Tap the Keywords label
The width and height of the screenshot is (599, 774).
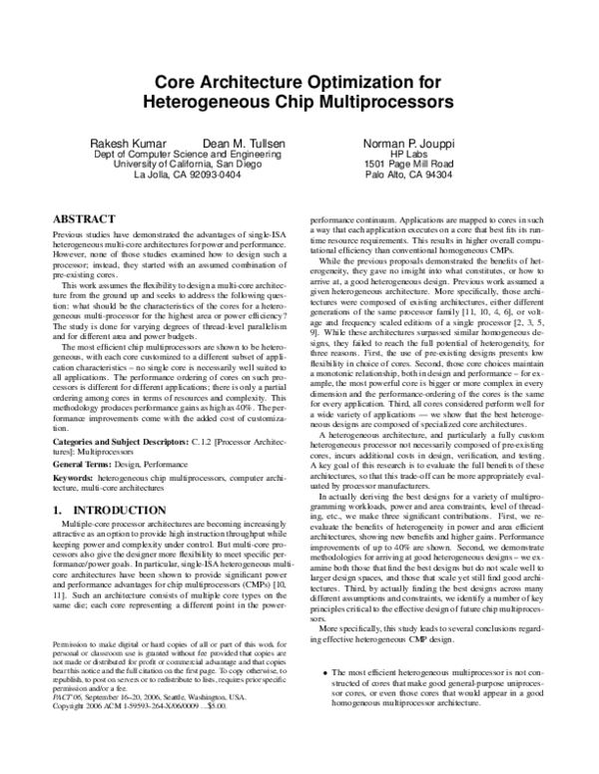(x=71, y=480)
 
